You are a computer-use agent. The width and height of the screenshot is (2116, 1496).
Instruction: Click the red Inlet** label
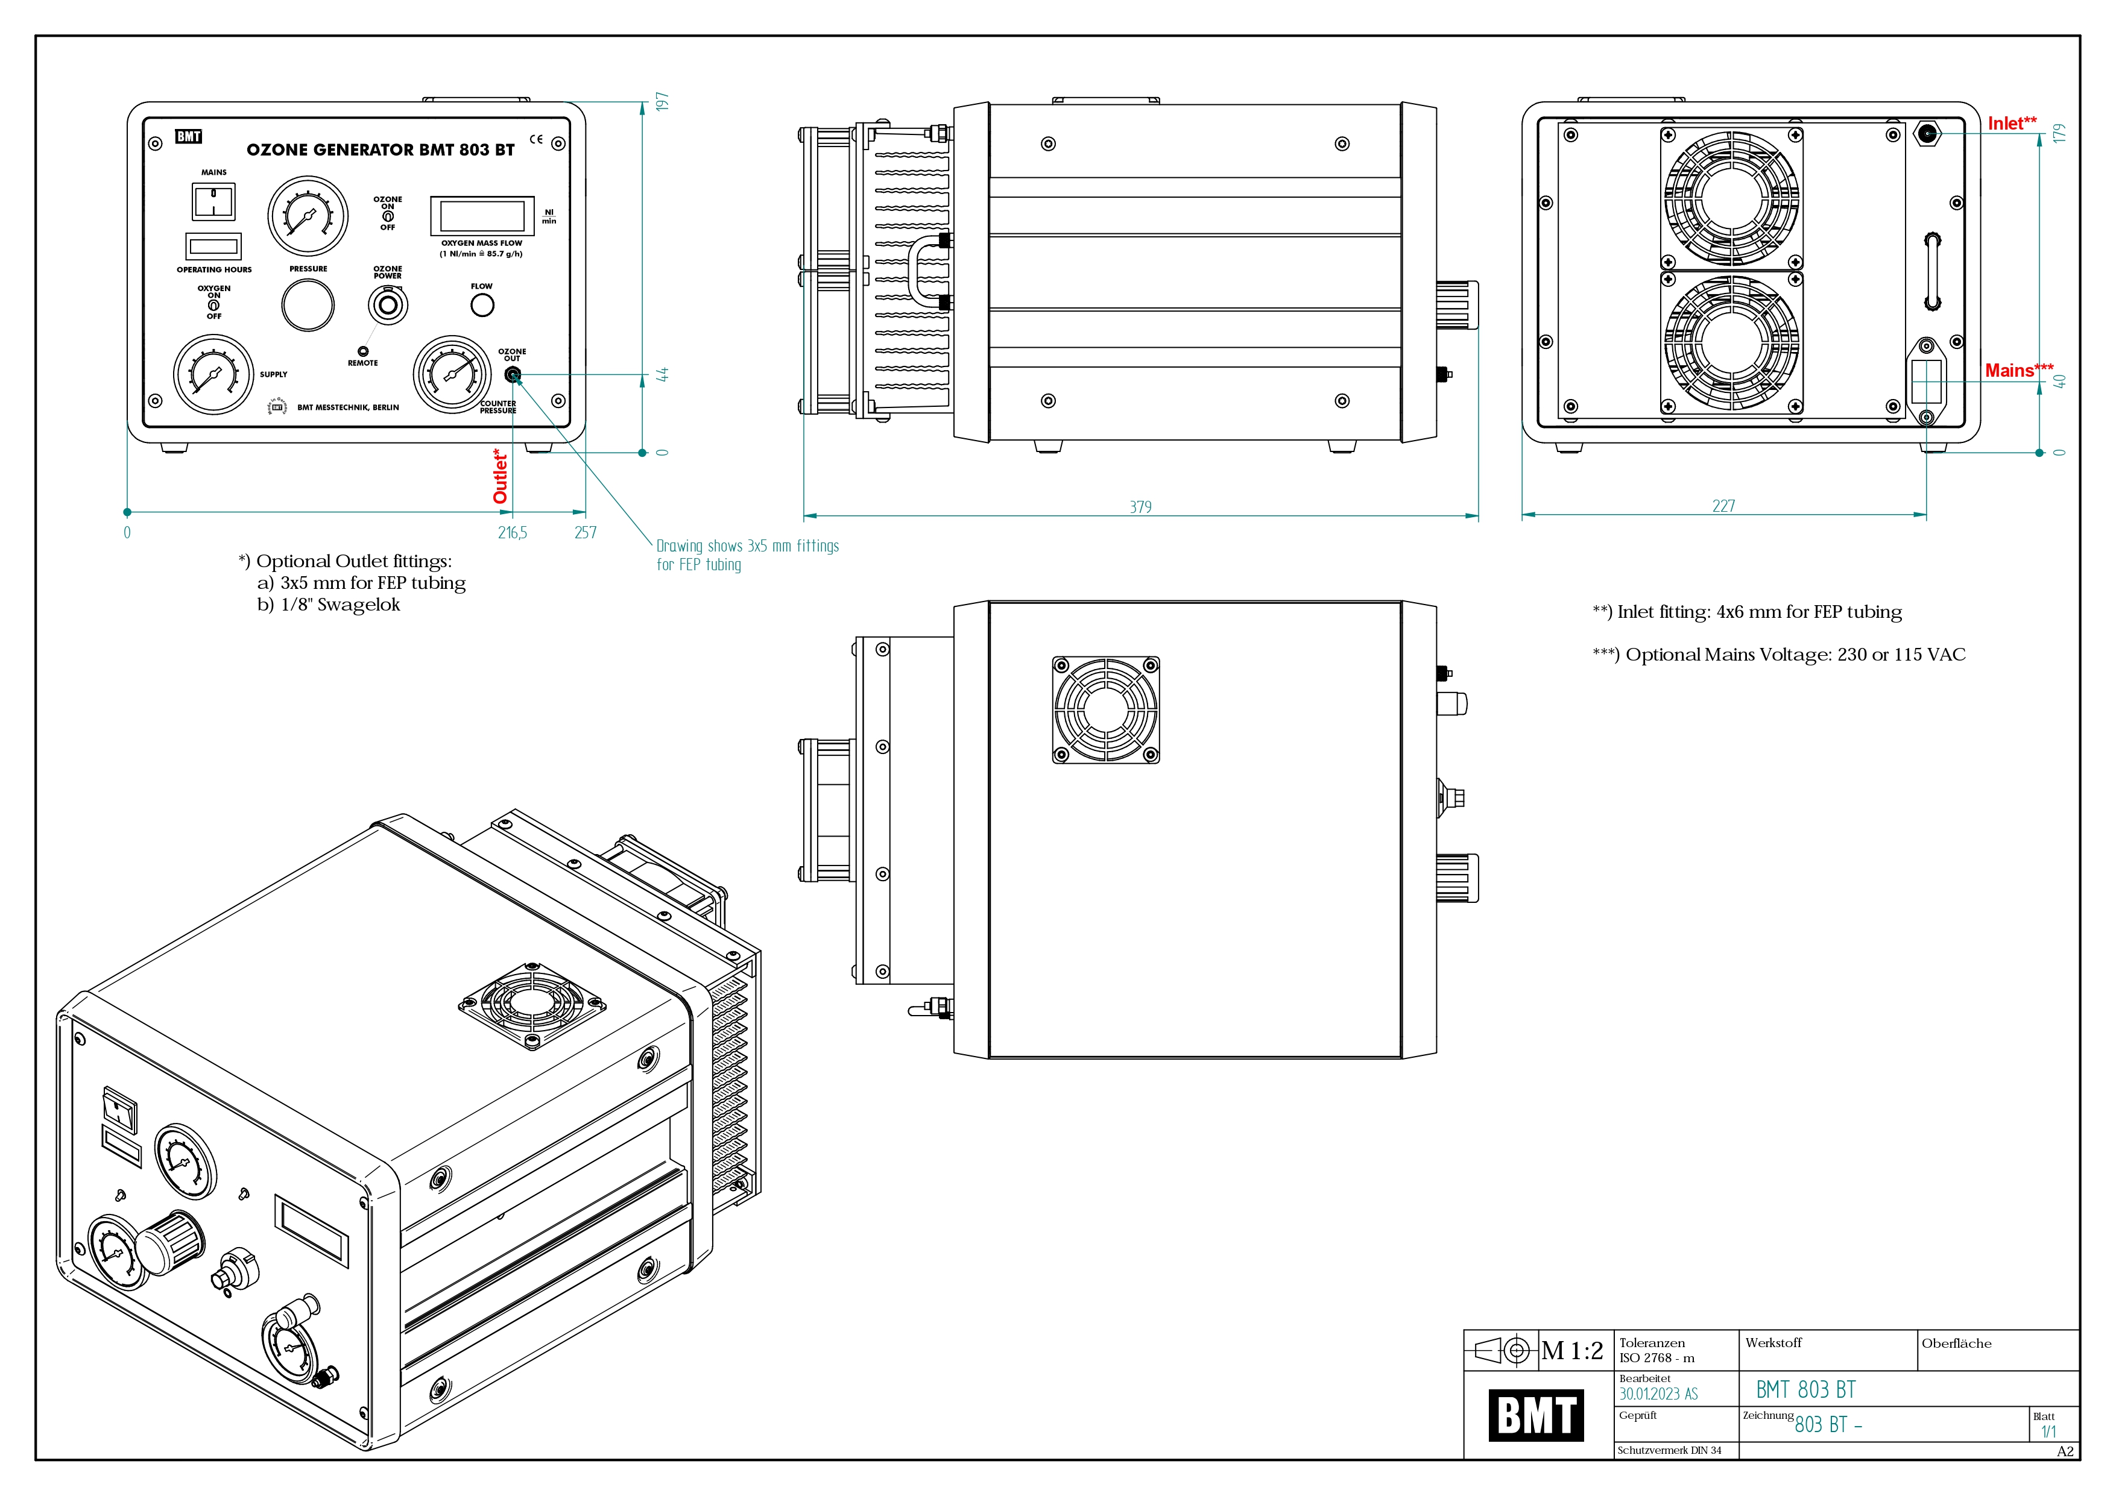[x=2011, y=124]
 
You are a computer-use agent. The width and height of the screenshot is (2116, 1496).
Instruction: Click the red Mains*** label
[x=2018, y=370]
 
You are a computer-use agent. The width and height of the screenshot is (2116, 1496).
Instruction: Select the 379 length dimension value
[x=1140, y=507]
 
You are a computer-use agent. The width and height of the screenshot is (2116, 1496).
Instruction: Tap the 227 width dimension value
[x=1722, y=506]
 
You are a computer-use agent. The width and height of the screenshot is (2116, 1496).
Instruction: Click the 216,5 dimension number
[x=513, y=532]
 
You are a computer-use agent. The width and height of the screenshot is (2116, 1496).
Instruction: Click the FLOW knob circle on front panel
[x=482, y=305]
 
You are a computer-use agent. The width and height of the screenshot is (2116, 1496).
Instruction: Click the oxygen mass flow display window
[x=482, y=216]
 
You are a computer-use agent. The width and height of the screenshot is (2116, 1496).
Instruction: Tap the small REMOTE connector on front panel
[x=363, y=351]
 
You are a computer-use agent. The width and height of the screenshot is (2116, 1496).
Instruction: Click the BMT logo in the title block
[x=1536, y=1415]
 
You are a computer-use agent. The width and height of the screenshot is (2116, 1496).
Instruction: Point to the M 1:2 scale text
[x=1572, y=1351]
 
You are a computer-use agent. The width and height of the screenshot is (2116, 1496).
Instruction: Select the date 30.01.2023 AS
[x=1658, y=1394]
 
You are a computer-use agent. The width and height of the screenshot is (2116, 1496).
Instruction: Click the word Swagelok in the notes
[x=359, y=605]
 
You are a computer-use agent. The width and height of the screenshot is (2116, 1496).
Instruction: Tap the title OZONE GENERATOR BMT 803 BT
[x=380, y=150]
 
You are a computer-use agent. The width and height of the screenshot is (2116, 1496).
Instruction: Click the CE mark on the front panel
[x=535, y=140]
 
